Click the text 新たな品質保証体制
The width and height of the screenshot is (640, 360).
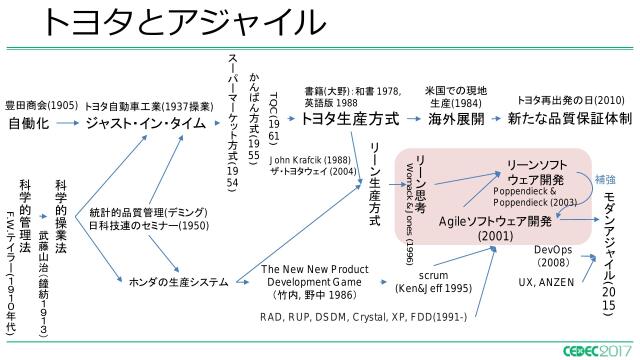[x=568, y=118]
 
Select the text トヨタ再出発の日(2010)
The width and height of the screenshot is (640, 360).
[x=570, y=100]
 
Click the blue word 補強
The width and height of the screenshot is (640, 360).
[x=605, y=179]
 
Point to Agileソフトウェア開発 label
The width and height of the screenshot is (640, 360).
[x=496, y=220]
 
